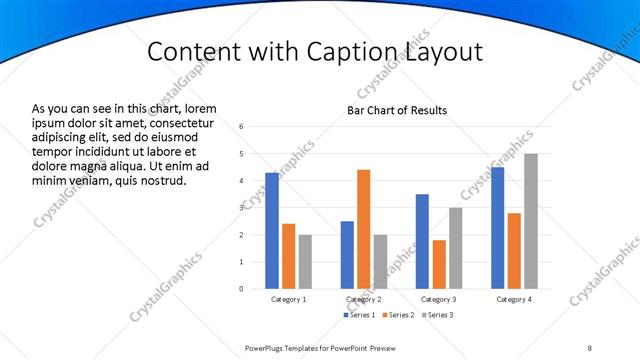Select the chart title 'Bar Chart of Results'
pyautogui.click(x=397, y=110)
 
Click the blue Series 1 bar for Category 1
pyautogui.click(x=272, y=230)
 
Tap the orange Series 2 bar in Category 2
pyautogui.click(x=363, y=229)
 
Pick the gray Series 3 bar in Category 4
pyautogui.click(x=531, y=221)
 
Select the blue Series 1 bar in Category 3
pyautogui.click(x=422, y=241)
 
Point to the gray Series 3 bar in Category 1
pyautogui.click(x=305, y=261)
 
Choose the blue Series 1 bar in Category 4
pyautogui.click(x=498, y=227)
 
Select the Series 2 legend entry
pyautogui.click(x=398, y=315)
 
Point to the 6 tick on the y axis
pyautogui.click(x=241, y=127)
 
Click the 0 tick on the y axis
pyautogui.click(x=241, y=289)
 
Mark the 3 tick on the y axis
pyautogui.click(x=241, y=208)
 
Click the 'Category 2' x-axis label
pyautogui.click(x=364, y=300)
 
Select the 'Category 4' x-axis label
pyautogui.click(x=514, y=300)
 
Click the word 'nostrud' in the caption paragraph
pyautogui.click(x=161, y=181)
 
